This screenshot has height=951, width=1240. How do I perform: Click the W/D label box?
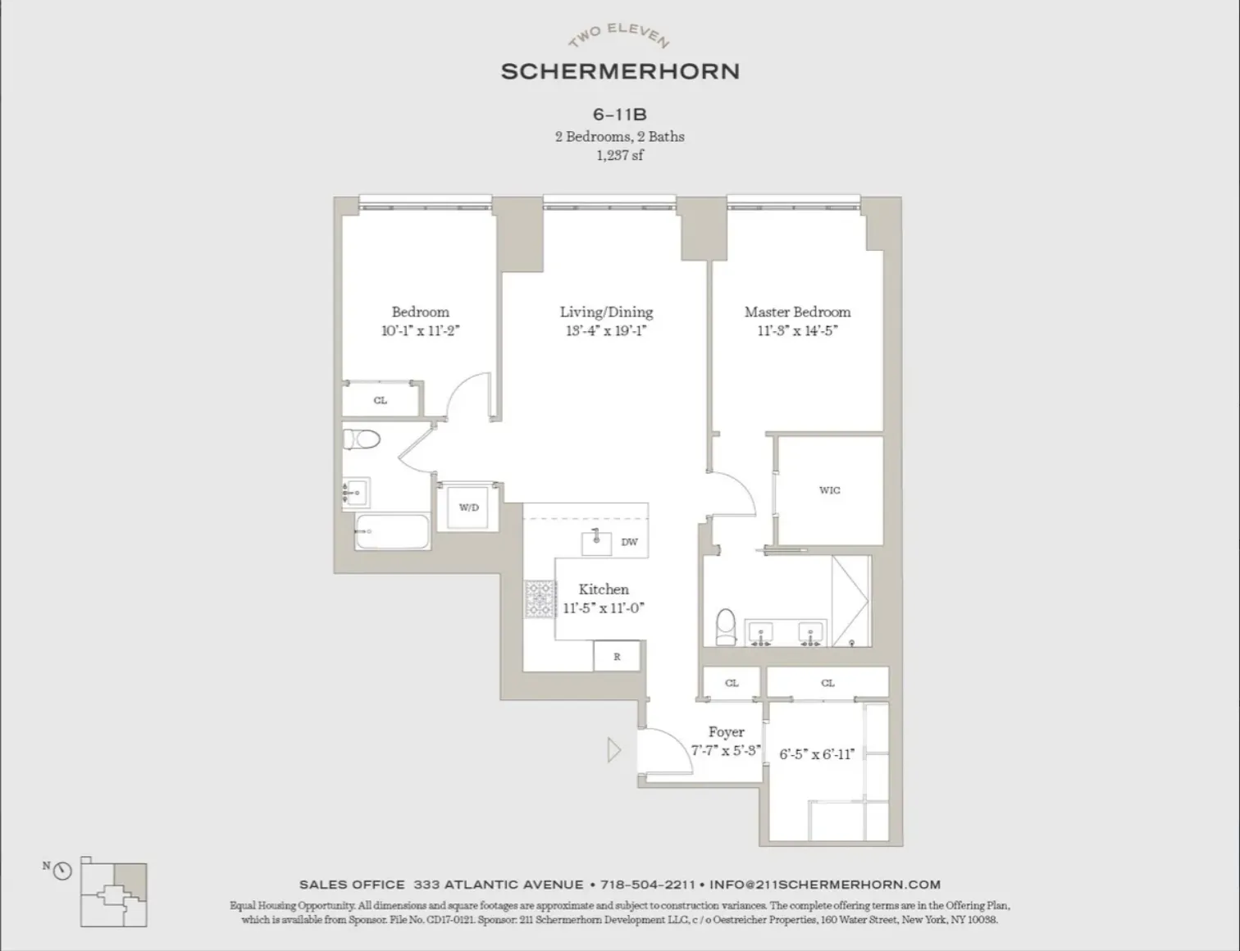tap(468, 507)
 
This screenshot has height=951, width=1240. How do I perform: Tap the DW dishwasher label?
tap(629, 542)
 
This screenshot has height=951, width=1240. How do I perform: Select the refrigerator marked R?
tap(617, 657)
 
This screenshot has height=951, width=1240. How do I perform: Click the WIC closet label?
tap(829, 490)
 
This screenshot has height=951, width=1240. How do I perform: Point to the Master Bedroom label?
tap(797, 312)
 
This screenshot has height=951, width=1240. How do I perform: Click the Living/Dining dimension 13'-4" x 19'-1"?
tap(606, 331)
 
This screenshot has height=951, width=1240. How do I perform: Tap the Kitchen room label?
tap(604, 589)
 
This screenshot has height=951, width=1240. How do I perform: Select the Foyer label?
tap(726, 731)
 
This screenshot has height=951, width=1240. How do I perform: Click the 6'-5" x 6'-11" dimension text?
tap(816, 754)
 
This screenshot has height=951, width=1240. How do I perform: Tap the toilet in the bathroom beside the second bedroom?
tap(362, 439)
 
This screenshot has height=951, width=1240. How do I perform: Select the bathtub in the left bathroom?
tap(392, 532)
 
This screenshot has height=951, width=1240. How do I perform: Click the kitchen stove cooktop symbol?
tap(540, 599)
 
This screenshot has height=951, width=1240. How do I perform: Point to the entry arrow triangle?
tap(613, 750)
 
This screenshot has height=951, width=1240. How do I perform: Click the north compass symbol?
tap(62, 871)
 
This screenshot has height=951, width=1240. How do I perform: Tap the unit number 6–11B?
tap(619, 115)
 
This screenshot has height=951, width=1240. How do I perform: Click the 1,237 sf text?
tap(619, 155)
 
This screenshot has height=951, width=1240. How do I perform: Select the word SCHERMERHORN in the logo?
tap(620, 71)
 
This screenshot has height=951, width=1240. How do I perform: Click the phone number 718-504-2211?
tap(647, 885)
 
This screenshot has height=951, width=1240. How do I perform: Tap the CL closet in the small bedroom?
tap(380, 400)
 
